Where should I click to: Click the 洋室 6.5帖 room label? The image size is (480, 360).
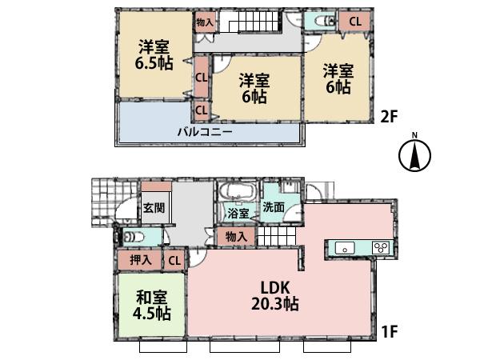pos(151,55)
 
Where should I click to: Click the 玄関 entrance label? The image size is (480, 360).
pos(154,208)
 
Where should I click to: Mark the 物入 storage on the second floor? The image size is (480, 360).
pos(205,22)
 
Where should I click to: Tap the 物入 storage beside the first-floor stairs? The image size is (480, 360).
pos(236,237)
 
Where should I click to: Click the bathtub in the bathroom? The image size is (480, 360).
pos(236,193)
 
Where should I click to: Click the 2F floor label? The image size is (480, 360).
pos(388,117)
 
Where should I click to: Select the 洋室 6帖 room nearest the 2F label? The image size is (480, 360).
pos(337,80)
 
